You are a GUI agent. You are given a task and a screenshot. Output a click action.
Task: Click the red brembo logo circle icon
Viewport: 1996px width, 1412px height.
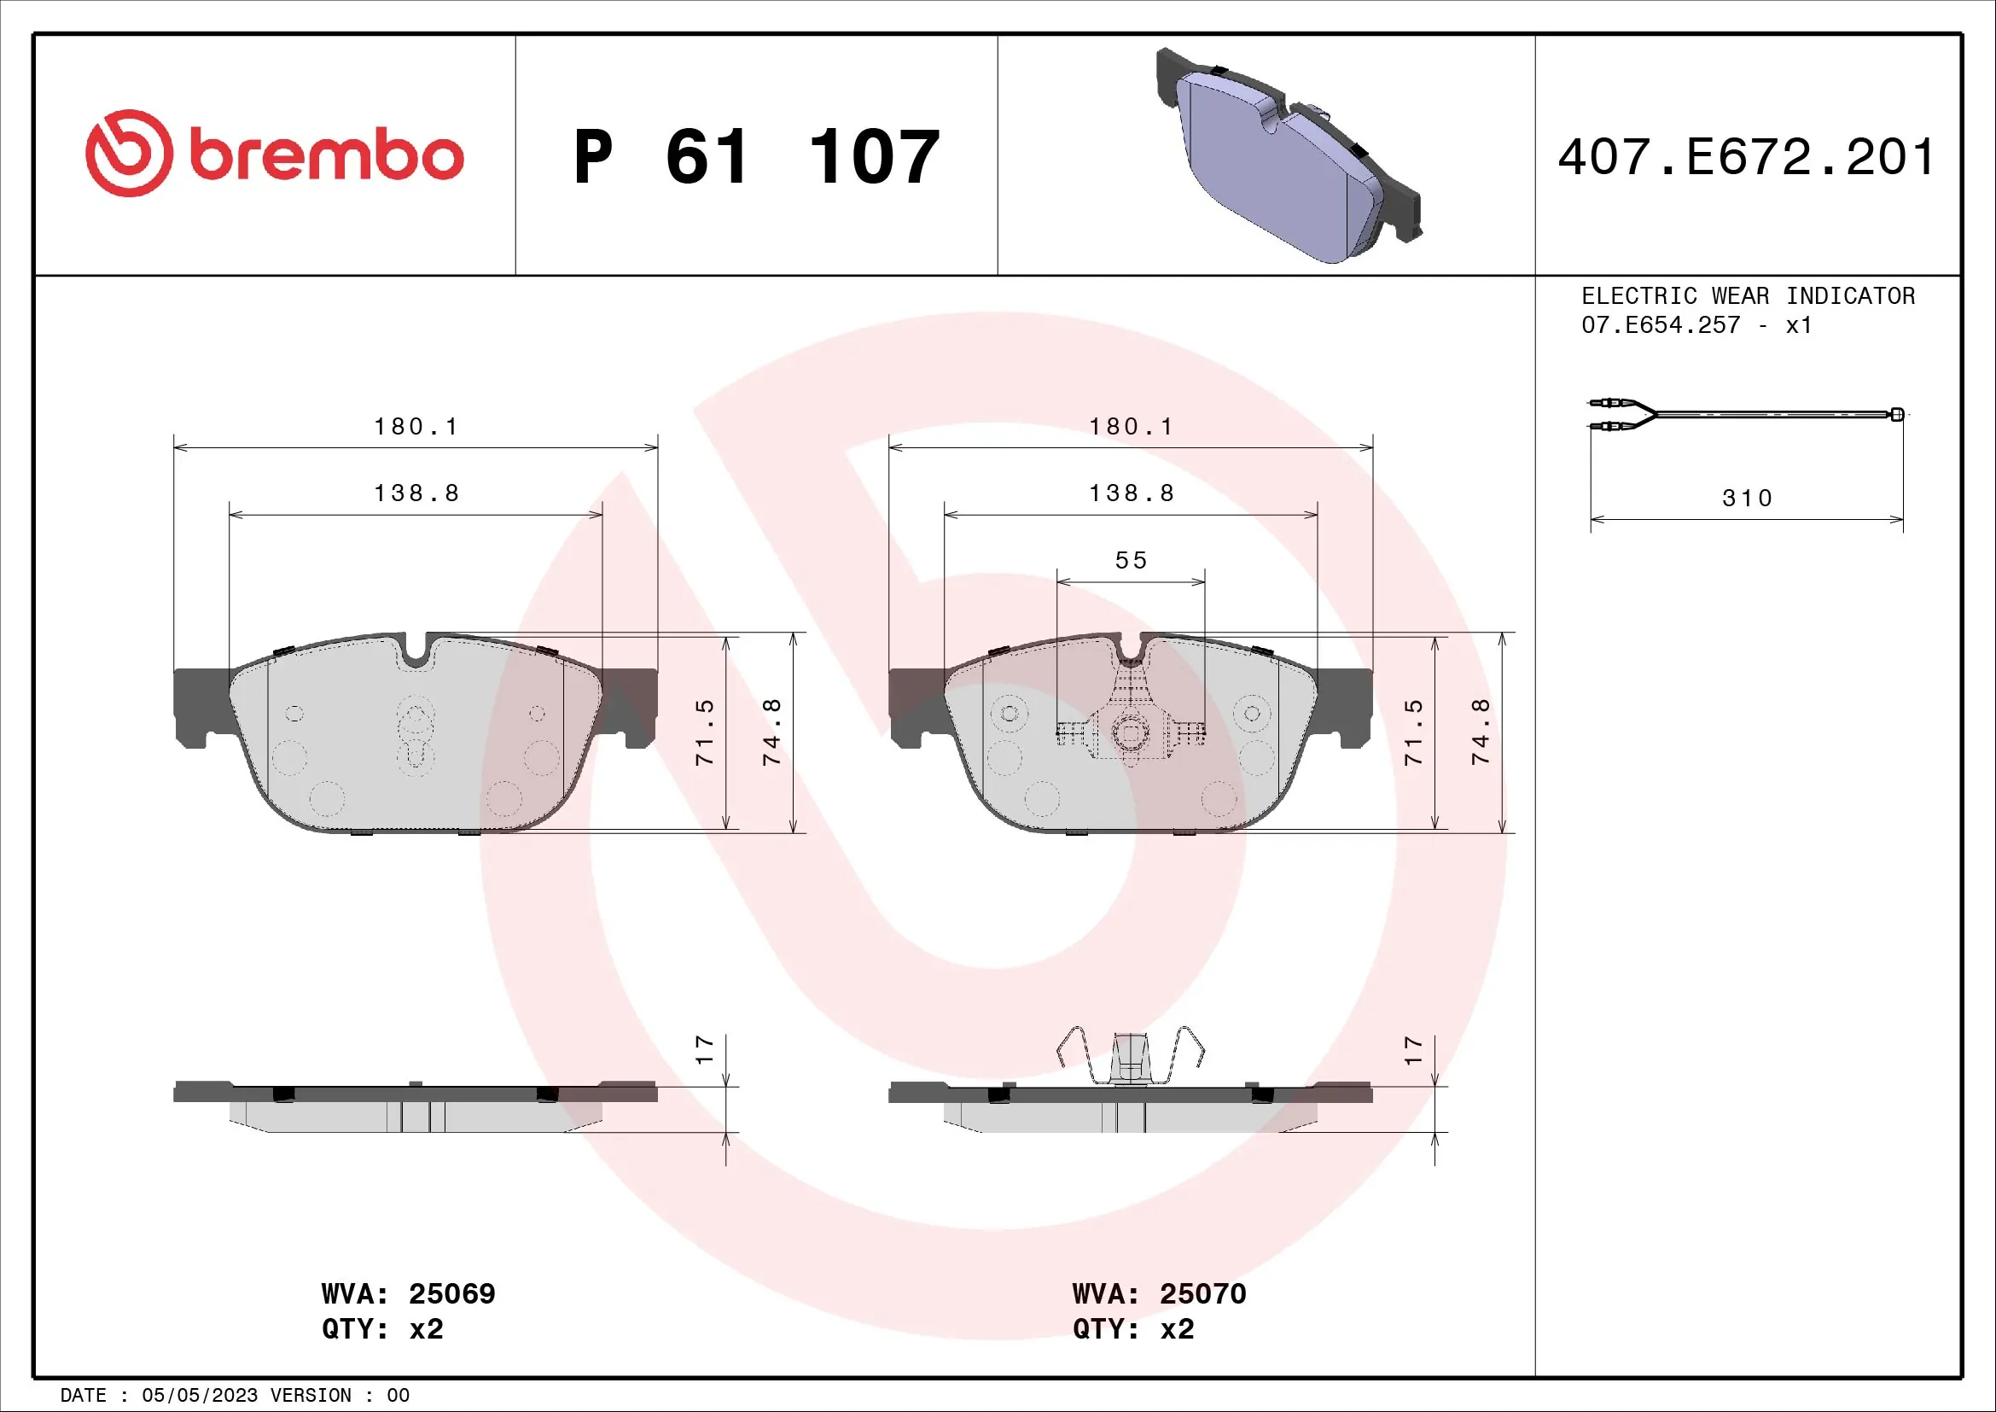pyautogui.click(x=129, y=153)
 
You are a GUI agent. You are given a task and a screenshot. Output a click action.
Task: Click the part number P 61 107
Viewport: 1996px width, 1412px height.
pyautogui.click(x=756, y=157)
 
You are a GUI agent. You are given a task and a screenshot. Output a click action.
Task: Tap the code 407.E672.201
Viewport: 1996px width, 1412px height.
pyautogui.click(x=1746, y=157)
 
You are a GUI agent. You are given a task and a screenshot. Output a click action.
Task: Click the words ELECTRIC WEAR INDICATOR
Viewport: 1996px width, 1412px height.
pyautogui.click(x=1748, y=296)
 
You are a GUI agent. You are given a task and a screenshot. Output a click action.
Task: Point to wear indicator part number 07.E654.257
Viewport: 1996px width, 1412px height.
pyautogui.click(x=1661, y=325)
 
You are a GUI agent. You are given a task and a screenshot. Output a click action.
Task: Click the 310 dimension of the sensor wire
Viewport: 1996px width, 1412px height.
pyautogui.click(x=1746, y=499)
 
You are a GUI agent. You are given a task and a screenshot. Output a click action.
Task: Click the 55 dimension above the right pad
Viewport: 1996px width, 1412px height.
pyautogui.click(x=1131, y=560)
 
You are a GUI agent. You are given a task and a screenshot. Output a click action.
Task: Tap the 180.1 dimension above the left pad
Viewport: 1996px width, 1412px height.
pyautogui.click(x=416, y=426)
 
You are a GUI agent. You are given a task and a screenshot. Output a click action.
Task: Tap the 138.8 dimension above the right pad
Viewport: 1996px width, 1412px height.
pyautogui.click(x=1131, y=493)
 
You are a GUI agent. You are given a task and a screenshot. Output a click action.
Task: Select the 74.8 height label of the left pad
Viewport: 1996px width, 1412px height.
pyautogui.click(x=772, y=732)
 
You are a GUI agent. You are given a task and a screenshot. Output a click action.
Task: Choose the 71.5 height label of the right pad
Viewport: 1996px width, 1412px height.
pyautogui.click(x=1414, y=732)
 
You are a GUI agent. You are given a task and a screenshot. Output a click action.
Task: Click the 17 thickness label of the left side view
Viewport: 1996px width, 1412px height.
pyautogui.click(x=704, y=1049)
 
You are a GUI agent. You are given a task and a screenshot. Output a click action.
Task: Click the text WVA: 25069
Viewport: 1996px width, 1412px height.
pyautogui.click(x=408, y=1293)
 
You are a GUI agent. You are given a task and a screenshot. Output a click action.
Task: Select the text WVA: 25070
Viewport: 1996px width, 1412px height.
pyautogui.click(x=1159, y=1293)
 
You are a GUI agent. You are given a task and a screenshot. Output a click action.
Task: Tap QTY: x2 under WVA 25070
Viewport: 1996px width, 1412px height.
pyautogui.click(x=1132, y=1329)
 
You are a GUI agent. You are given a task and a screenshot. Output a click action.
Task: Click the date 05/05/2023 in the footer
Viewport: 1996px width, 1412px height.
pyautogui.click(x=200, y=1396)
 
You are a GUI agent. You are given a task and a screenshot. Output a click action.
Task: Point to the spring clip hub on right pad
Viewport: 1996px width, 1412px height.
pyautogui.click(x=1130, y=734)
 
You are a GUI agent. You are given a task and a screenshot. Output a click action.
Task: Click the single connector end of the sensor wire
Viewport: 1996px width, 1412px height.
pyautogui.click(x=1897, y=414)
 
